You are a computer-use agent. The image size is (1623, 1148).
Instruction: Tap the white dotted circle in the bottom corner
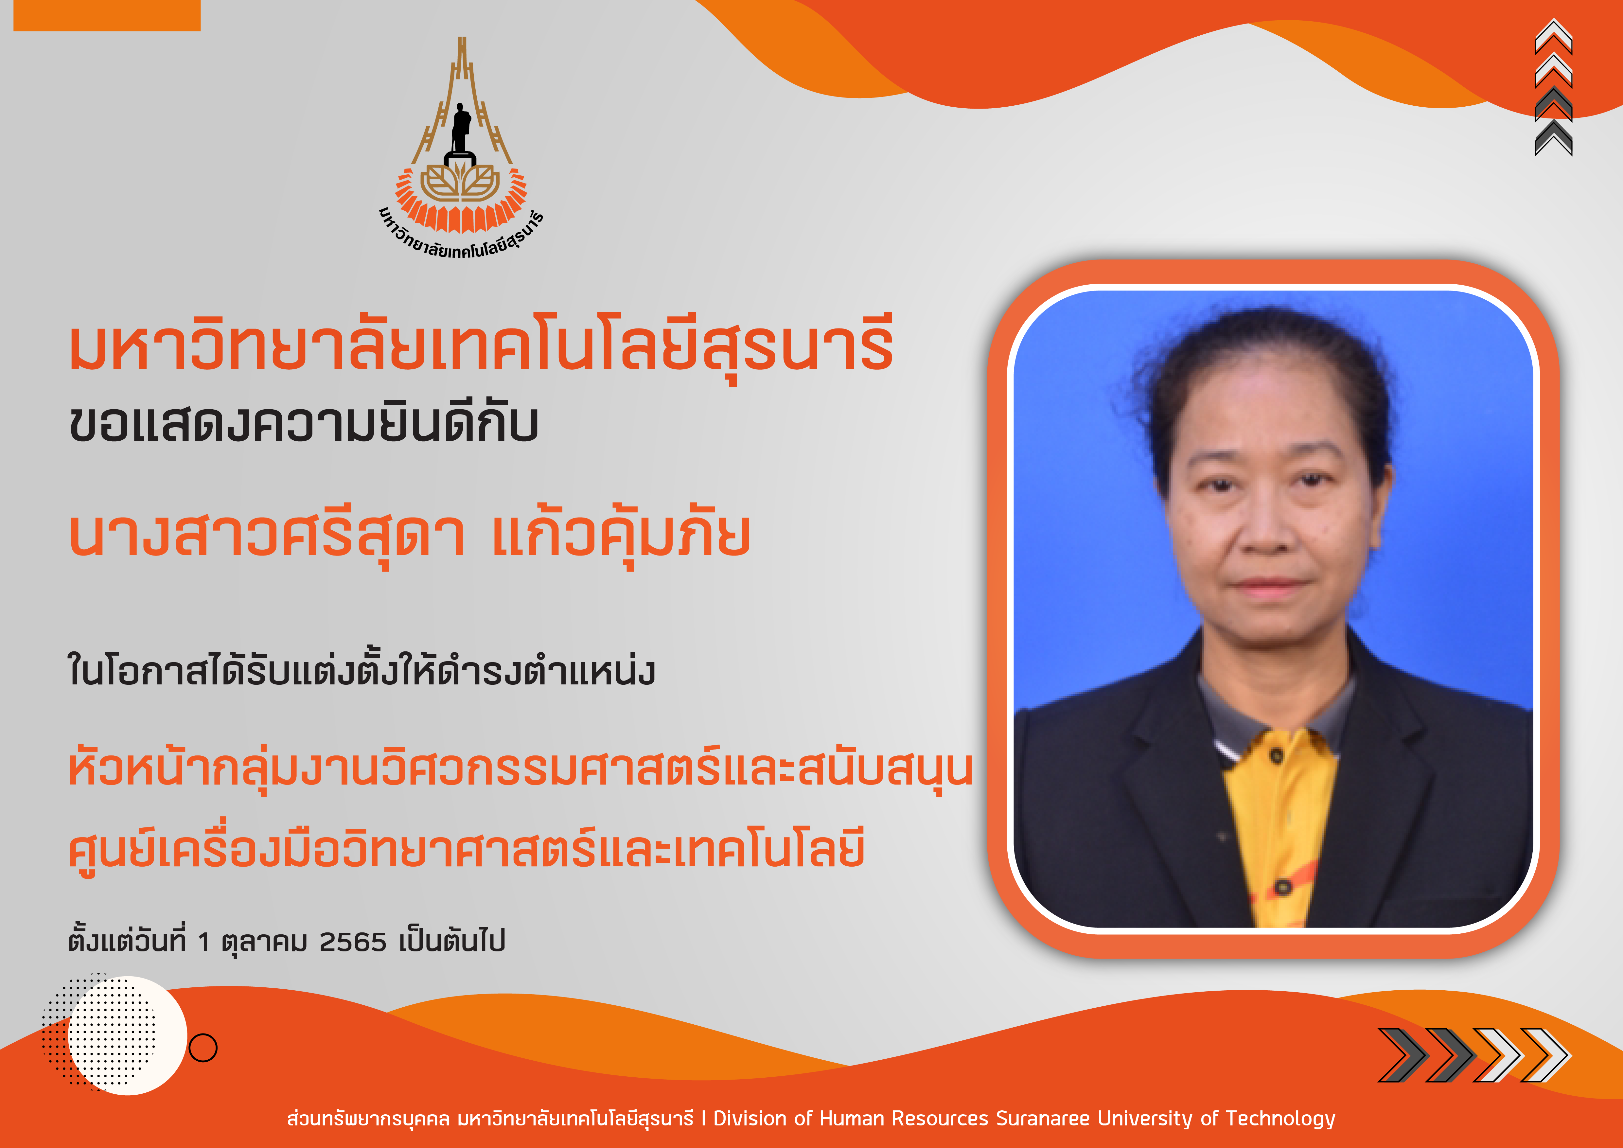(127, 1035)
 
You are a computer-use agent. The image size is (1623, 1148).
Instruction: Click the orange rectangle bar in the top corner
(107, 16)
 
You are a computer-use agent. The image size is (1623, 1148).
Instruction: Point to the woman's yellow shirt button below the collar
(1276, 756)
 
